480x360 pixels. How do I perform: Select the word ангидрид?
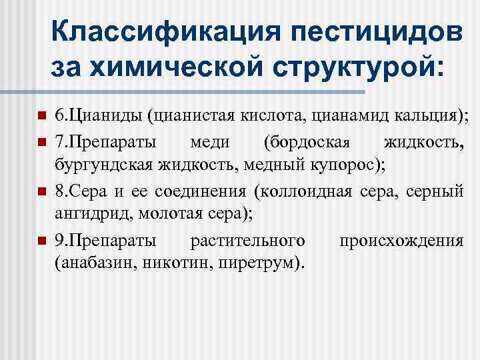click(x=83, y=217)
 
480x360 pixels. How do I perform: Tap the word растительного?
click(x=248, y=241)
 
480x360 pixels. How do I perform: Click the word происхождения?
click(x=401, y=241)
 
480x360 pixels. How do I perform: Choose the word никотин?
click(x=183, y=265)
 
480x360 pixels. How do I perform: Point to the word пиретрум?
click(x=261, y=265)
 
